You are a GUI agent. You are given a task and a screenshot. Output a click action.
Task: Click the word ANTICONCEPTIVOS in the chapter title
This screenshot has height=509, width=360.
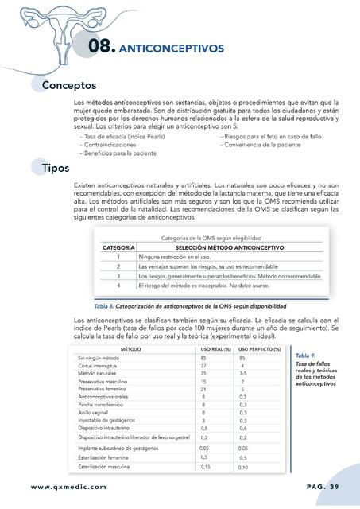(x=170, y=49)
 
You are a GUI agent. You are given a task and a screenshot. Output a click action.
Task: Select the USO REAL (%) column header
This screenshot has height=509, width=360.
(x=215, y=349)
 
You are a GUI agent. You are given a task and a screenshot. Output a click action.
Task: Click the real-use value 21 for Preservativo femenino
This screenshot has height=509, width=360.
(x=204, y=389)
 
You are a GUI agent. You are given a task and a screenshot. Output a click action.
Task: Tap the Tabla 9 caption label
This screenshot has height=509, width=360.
(x=305, y=355)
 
